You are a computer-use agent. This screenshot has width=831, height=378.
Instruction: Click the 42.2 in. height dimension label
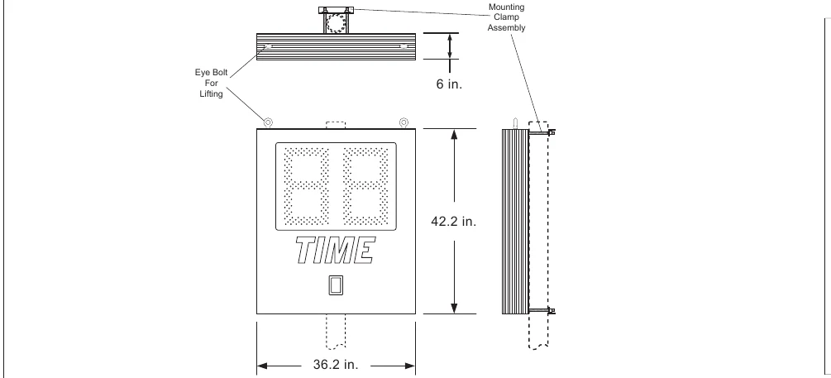pos(454,222)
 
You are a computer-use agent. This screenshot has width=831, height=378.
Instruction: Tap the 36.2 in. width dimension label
pos(336,365)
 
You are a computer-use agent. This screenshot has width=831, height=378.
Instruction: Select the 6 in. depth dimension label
pos(450,84)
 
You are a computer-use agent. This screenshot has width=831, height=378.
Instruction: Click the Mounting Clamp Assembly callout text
pos(507,17)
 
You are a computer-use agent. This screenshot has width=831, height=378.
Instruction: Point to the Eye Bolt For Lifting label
pos(211,83)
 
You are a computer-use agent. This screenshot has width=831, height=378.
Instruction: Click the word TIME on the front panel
pos(335,251)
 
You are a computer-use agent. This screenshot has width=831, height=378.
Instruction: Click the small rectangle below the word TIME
pos(336,285)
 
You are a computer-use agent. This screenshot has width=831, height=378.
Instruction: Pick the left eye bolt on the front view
pos(268,123)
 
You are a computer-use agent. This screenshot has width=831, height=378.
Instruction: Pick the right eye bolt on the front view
pos(404,123)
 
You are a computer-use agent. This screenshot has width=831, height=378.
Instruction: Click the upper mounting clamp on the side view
pos(542,132)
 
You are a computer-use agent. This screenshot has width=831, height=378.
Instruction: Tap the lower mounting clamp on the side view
pos(542,310)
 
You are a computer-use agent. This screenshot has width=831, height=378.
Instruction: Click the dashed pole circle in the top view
pos(336,23)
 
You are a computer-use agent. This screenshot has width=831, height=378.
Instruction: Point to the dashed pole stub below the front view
pos(336,332)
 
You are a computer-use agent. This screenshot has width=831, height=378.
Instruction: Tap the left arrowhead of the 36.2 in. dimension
pos(263,366)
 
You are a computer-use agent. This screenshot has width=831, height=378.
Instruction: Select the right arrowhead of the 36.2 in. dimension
pos(409,366)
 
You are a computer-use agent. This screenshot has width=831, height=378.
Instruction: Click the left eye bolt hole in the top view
pos(268,46)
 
